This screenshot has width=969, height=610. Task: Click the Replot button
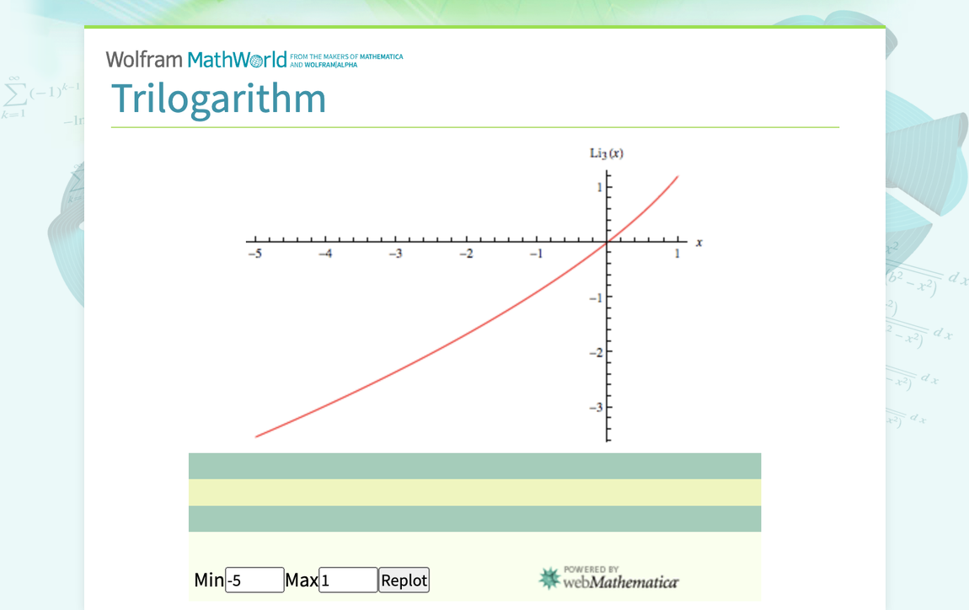pyautogui.click(x=404, y=580)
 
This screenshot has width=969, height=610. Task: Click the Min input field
pyautogui.click(x=254, y=580)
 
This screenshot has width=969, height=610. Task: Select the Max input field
pyautogui.click(x=348, y=580)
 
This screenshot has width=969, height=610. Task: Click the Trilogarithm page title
pyautogui.click(x=218, y=99)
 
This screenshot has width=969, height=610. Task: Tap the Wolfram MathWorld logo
pyautogui.click(x=196, y=60)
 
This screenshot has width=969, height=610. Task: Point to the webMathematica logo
pyautogui.click(x=608, y=578)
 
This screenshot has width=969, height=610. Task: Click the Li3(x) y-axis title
pyautogui.click(x=607, y=153)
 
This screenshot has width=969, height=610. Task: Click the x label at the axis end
pyautogui.click(x=699, y=243)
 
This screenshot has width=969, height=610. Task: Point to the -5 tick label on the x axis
pyautogui.click(x=254, y=255)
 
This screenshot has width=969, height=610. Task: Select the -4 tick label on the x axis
pyautogui.click(x=324, y=255)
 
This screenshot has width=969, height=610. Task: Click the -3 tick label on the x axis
pyautogui.click(x=394, y=255)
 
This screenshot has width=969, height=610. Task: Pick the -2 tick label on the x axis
pyautogui.click(x=465, y=255)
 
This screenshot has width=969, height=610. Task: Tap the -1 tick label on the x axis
pyautogui.click(x=535, y=255)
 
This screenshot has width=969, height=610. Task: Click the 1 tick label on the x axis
pyautogui.click(x=677, y=255)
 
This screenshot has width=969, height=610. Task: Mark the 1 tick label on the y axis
pyautogui.click(x=599, y=188)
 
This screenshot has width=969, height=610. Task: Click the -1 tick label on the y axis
pyautogui.click(x=596, y=297)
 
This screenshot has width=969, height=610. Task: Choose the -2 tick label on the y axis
pyautogui.click(x=596, y=352)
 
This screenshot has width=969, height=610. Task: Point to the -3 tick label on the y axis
pyautogui.click(x=596, y=408)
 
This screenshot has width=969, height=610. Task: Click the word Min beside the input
pyautogui.click(x=209, y=580)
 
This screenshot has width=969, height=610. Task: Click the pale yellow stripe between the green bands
pyautogui.click(x=474, y=492)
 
